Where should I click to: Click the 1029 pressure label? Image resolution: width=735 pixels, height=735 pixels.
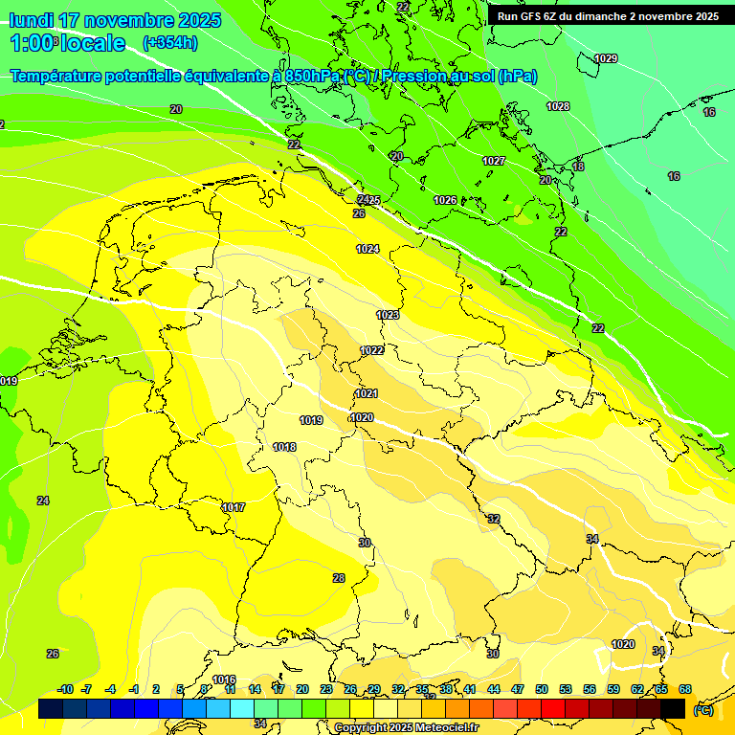click(x=606, y=59)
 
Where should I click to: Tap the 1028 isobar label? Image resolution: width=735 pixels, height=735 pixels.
click(x=558, y=106)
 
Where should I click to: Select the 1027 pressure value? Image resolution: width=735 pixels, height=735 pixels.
click(x=494, y=161)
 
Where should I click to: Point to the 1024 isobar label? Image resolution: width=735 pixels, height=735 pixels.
click(x=367, y=249)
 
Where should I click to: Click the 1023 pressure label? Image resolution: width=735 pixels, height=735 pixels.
click(x=388, y=315)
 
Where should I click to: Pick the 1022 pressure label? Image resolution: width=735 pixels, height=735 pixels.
click(x=372, y=350)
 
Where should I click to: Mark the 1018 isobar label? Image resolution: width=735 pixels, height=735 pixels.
click(x=284, y=447)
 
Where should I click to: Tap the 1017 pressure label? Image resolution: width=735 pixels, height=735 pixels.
click(x=234, y=507)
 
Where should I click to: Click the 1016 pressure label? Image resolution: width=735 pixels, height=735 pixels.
click(x=224, y=679)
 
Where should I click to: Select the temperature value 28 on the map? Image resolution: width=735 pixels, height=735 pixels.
click(x=339, y=578)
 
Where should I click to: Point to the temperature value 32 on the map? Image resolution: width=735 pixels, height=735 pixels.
click(x=494, y=519)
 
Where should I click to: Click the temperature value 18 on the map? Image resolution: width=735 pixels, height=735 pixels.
click(x=578, y=167)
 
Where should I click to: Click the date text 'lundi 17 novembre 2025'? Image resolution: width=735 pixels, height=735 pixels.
click(x=115, y=20)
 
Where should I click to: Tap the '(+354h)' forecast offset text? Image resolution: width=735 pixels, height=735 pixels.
click(x=169, y=43)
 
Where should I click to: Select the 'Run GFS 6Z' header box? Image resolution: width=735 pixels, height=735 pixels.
click(x=608, y=16)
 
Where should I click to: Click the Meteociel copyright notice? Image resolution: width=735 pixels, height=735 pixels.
click(x=406, y=728)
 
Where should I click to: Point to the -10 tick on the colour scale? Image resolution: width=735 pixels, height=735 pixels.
click(x=65, y=689)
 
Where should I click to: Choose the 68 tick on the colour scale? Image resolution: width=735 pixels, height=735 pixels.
click(x=685, y=689)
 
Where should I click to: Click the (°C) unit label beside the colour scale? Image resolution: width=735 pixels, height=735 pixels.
click(x=702, y=710)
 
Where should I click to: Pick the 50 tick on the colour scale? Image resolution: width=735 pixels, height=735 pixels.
click(x=542, y=689)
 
